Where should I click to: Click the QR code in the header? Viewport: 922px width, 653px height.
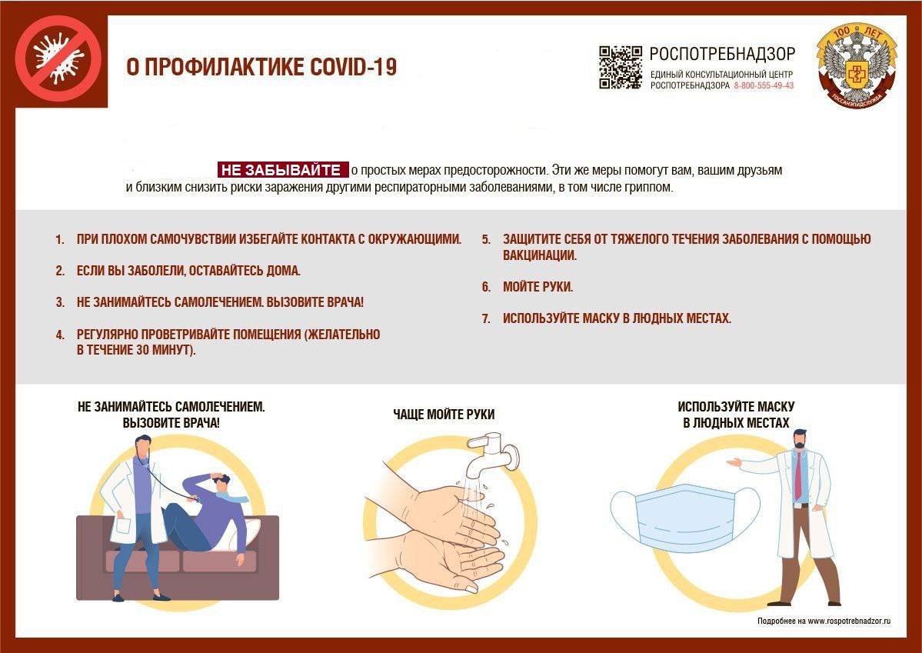(621, 67)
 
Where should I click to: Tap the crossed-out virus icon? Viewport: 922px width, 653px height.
(58, 58)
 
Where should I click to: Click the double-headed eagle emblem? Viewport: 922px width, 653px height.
(857, 65)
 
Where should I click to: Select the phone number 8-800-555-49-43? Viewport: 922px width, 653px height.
(764, 85)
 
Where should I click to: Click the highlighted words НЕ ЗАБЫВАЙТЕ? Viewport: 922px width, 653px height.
(281, 170)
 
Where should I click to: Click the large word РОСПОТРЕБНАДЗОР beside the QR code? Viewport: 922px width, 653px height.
(722, 54)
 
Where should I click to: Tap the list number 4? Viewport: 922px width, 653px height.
(60, 335)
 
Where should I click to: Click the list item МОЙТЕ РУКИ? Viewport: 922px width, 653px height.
(538, 287)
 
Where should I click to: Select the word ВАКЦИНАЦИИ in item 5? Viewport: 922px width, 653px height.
(540, 255)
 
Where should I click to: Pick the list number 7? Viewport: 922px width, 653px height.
(486, 319)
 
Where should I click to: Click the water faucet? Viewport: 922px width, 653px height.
(493, 453)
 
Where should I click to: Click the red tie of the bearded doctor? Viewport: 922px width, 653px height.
(798, 477)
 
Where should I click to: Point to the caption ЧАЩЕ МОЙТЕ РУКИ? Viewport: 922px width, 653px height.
(444, 414)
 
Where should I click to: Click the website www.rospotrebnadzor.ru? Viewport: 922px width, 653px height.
(849, 621)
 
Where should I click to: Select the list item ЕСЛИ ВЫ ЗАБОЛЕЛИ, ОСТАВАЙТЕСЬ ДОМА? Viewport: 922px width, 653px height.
(188, 272)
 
